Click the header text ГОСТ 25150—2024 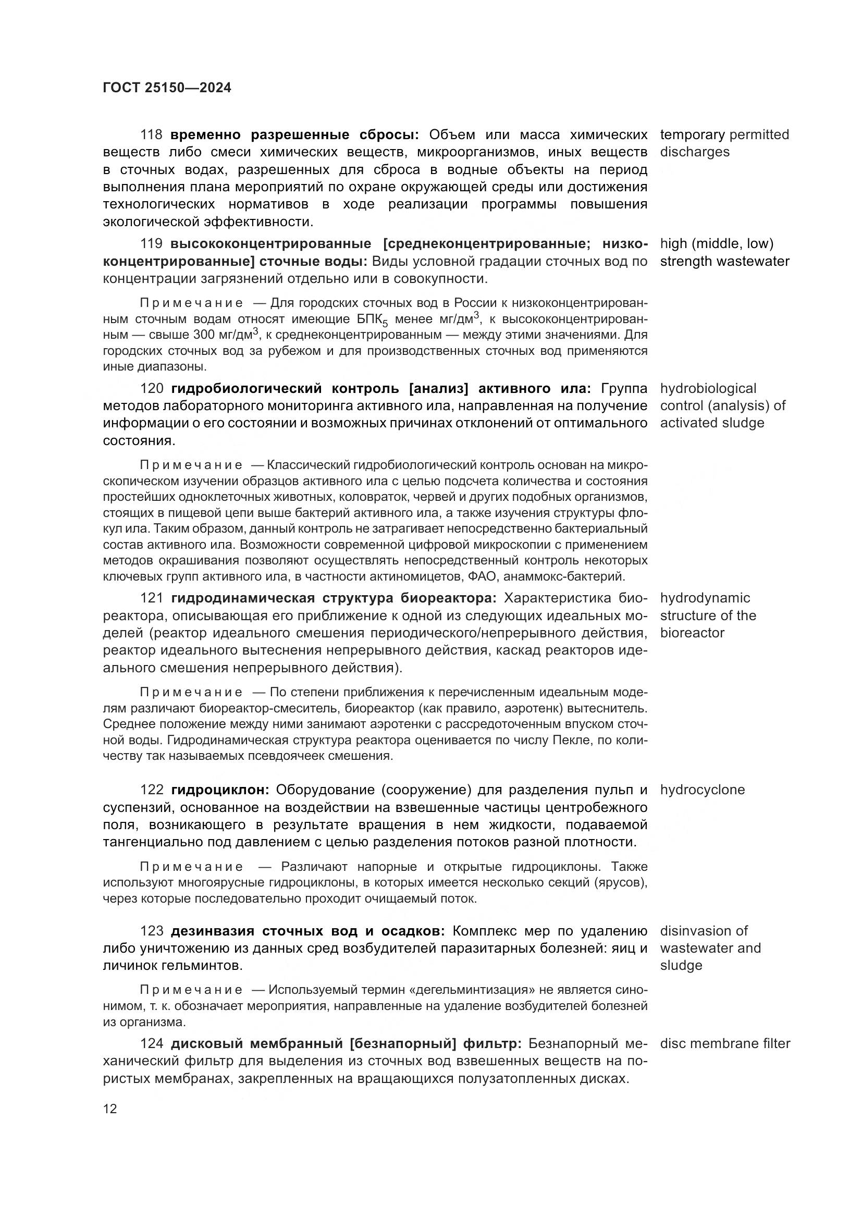click(x=167, y=88)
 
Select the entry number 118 click(x=151, y=135)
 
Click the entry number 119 click(x=151, y=244)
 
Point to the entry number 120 click(x=152, y=389)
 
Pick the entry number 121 click(x=152, y=598)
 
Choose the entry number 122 click(x=152, y=790)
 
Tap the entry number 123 click(x=152, y=931)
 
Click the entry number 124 click(x=152, y=1044)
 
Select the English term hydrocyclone click(x=702, y=790)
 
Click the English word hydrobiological click(x=708, y=389)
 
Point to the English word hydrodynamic click(x=705, y=598)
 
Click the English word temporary click(x=692, y=135)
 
